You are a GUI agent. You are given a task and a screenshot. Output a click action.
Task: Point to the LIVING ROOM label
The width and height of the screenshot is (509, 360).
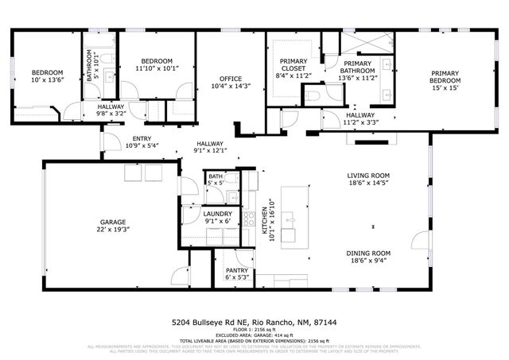[x=368, y=176]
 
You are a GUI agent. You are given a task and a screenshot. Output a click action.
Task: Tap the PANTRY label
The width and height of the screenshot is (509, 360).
[x=237, y=271]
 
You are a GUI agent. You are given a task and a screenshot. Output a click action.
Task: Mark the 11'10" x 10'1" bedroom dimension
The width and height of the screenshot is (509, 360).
[x=157, y=68]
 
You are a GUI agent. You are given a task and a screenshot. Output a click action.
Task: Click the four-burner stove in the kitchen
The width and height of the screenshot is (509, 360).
[x=248, y=215]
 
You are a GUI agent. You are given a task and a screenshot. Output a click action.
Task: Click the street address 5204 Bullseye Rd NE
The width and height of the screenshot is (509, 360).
[x=210, y=323]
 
